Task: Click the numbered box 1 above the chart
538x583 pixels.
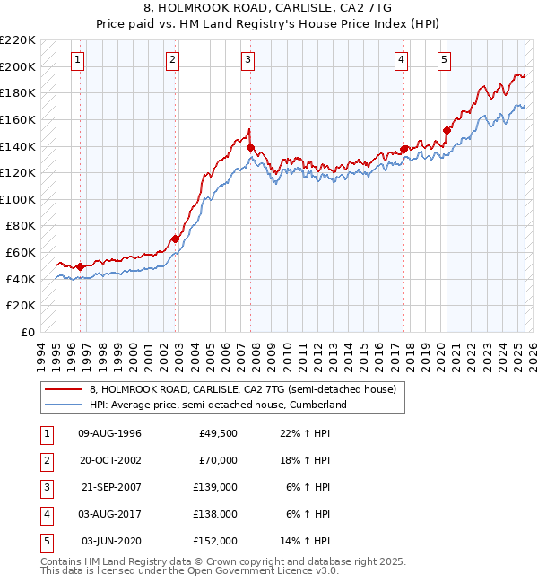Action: click(78, 60)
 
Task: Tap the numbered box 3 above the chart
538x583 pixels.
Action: click(247, 60)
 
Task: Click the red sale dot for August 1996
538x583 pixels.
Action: click(80, 266)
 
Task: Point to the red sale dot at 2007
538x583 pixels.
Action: click(251, 148)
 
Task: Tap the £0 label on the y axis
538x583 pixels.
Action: click(29, 332)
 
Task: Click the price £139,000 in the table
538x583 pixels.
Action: click(215, 489)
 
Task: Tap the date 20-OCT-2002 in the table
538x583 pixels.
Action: click(110, 461)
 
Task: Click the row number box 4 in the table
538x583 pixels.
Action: click(47, 515)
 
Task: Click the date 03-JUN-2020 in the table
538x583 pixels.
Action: click(110, 542)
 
